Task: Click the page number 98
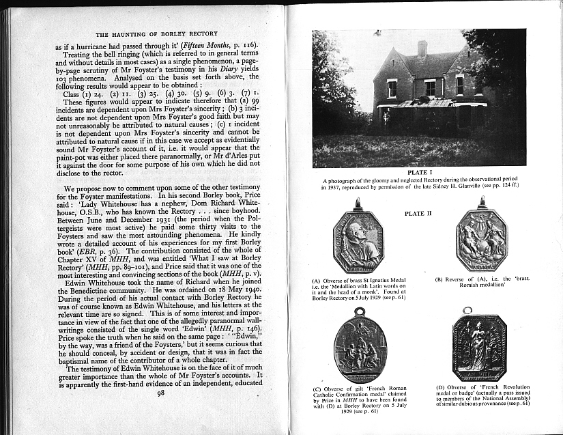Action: tap(161, 392)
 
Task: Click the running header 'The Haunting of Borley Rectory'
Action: tap(156, 33)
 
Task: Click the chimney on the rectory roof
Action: tap(422, 48)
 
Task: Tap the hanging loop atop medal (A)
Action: tap(358, 204)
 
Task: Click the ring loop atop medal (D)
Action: tap(468, 311)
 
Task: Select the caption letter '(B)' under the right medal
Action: tap(439, 279)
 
